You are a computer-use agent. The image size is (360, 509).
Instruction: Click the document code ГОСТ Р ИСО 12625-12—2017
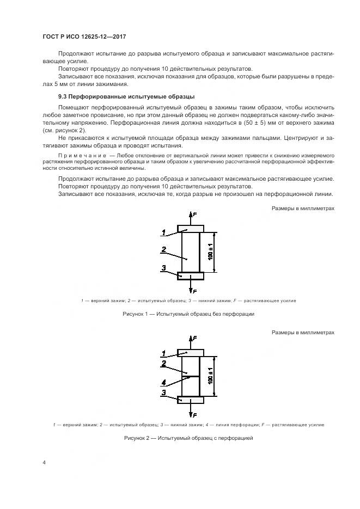coord(80,36)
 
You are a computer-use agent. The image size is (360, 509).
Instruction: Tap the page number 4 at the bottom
coord(44,462)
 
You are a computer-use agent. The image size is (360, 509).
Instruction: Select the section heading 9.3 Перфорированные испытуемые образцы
coord(108,96)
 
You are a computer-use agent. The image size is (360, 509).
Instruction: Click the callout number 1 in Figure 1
coord(163,232)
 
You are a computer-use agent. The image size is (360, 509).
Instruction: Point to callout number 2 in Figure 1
coord(163,250)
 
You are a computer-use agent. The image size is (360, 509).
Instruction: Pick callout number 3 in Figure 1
coord(163,267)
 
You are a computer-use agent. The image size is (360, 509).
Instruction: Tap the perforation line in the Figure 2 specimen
coord(191,375)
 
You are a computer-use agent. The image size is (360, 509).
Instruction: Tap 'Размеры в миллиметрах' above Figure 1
coord(303,208)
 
